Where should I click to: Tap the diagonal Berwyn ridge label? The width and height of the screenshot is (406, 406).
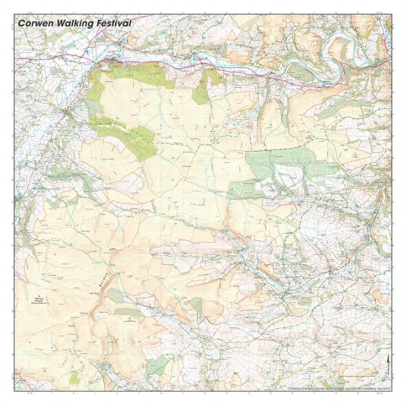pos(101,278)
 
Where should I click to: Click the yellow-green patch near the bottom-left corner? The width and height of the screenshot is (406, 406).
pos(75,377)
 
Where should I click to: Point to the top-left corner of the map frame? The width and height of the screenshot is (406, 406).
pos(15,15)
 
